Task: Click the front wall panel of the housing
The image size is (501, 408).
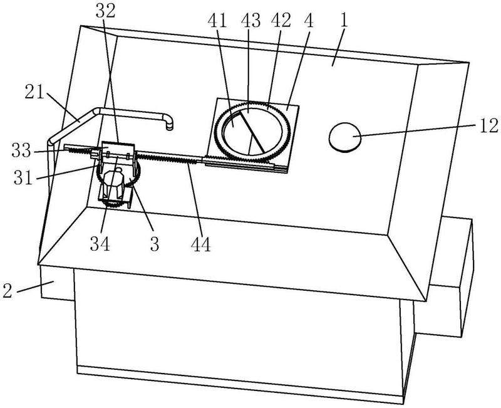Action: pos(238,326)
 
